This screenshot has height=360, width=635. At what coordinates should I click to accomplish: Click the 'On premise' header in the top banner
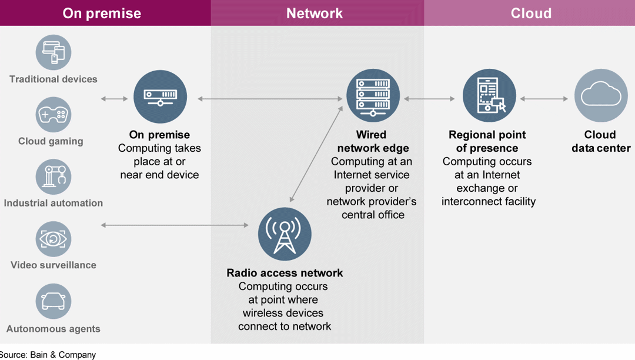point(102,13)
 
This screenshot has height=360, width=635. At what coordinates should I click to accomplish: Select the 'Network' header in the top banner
point(315,13)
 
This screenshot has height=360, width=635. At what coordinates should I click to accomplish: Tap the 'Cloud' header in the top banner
point(531,13)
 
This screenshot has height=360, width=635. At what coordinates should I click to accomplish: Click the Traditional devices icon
point(54,52)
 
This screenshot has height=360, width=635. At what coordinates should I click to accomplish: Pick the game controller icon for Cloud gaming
point(54,115)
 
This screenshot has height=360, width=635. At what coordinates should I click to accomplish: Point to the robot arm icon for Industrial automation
point(54,176)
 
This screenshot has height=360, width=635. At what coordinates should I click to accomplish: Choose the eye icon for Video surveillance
point(54,239)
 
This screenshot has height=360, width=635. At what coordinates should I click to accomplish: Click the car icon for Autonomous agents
point(54,301)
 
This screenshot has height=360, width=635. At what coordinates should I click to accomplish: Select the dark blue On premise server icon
point(160,97)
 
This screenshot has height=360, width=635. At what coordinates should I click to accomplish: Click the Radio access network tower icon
point(285,234)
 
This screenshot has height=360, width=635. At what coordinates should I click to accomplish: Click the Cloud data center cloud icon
point(600,96)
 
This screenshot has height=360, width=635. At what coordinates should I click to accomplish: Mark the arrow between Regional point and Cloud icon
point(544,99)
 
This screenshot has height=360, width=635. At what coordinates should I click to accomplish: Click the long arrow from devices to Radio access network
point(175,225)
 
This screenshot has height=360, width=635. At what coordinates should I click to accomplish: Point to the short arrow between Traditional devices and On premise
point(114,99)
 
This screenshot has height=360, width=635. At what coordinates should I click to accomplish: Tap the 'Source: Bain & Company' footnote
point(48,355)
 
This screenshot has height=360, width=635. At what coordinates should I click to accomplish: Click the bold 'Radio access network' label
point(285,273)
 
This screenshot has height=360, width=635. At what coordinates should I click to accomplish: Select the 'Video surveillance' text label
point(54,265)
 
